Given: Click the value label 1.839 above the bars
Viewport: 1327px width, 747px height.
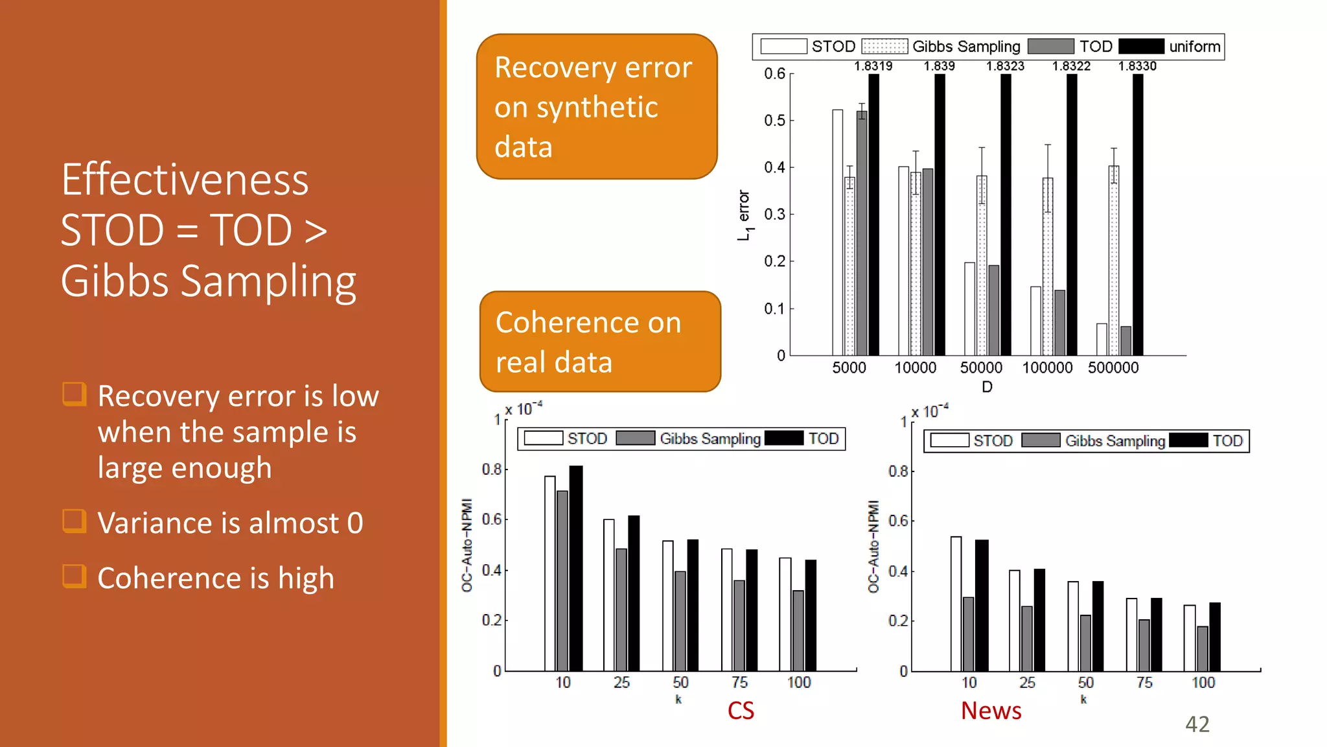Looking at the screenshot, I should coord(939,66).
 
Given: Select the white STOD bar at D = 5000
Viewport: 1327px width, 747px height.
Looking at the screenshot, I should coord(838,233).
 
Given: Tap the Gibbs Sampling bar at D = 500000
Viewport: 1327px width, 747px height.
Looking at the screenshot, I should coord(1114,259).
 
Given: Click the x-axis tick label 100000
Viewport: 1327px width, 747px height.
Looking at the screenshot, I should coord(1047,368).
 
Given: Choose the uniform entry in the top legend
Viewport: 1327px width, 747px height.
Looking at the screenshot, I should coord(1194,47).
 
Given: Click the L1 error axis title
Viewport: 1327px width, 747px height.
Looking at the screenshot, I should coord(744,215).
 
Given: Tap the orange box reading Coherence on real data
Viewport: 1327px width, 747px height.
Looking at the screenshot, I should coord(600,342).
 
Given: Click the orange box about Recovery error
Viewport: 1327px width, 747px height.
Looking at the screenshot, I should coord(597,107).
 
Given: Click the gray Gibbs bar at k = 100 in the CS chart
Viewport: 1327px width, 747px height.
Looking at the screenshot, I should coord(798,630).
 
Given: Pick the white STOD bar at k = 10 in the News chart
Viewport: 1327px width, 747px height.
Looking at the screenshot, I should coord(956,604).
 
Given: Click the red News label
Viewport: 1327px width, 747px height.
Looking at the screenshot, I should coord(991,711).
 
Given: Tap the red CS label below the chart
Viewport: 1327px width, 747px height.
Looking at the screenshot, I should coord(741,711).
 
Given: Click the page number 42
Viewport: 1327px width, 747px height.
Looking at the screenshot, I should coord(1197,724).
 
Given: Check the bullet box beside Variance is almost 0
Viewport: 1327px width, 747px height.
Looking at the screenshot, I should coord(74,521).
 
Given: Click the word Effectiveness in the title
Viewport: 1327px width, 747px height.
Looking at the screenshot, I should coord(185,180).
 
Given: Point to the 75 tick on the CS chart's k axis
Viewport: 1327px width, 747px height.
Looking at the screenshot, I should coord(739,682).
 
